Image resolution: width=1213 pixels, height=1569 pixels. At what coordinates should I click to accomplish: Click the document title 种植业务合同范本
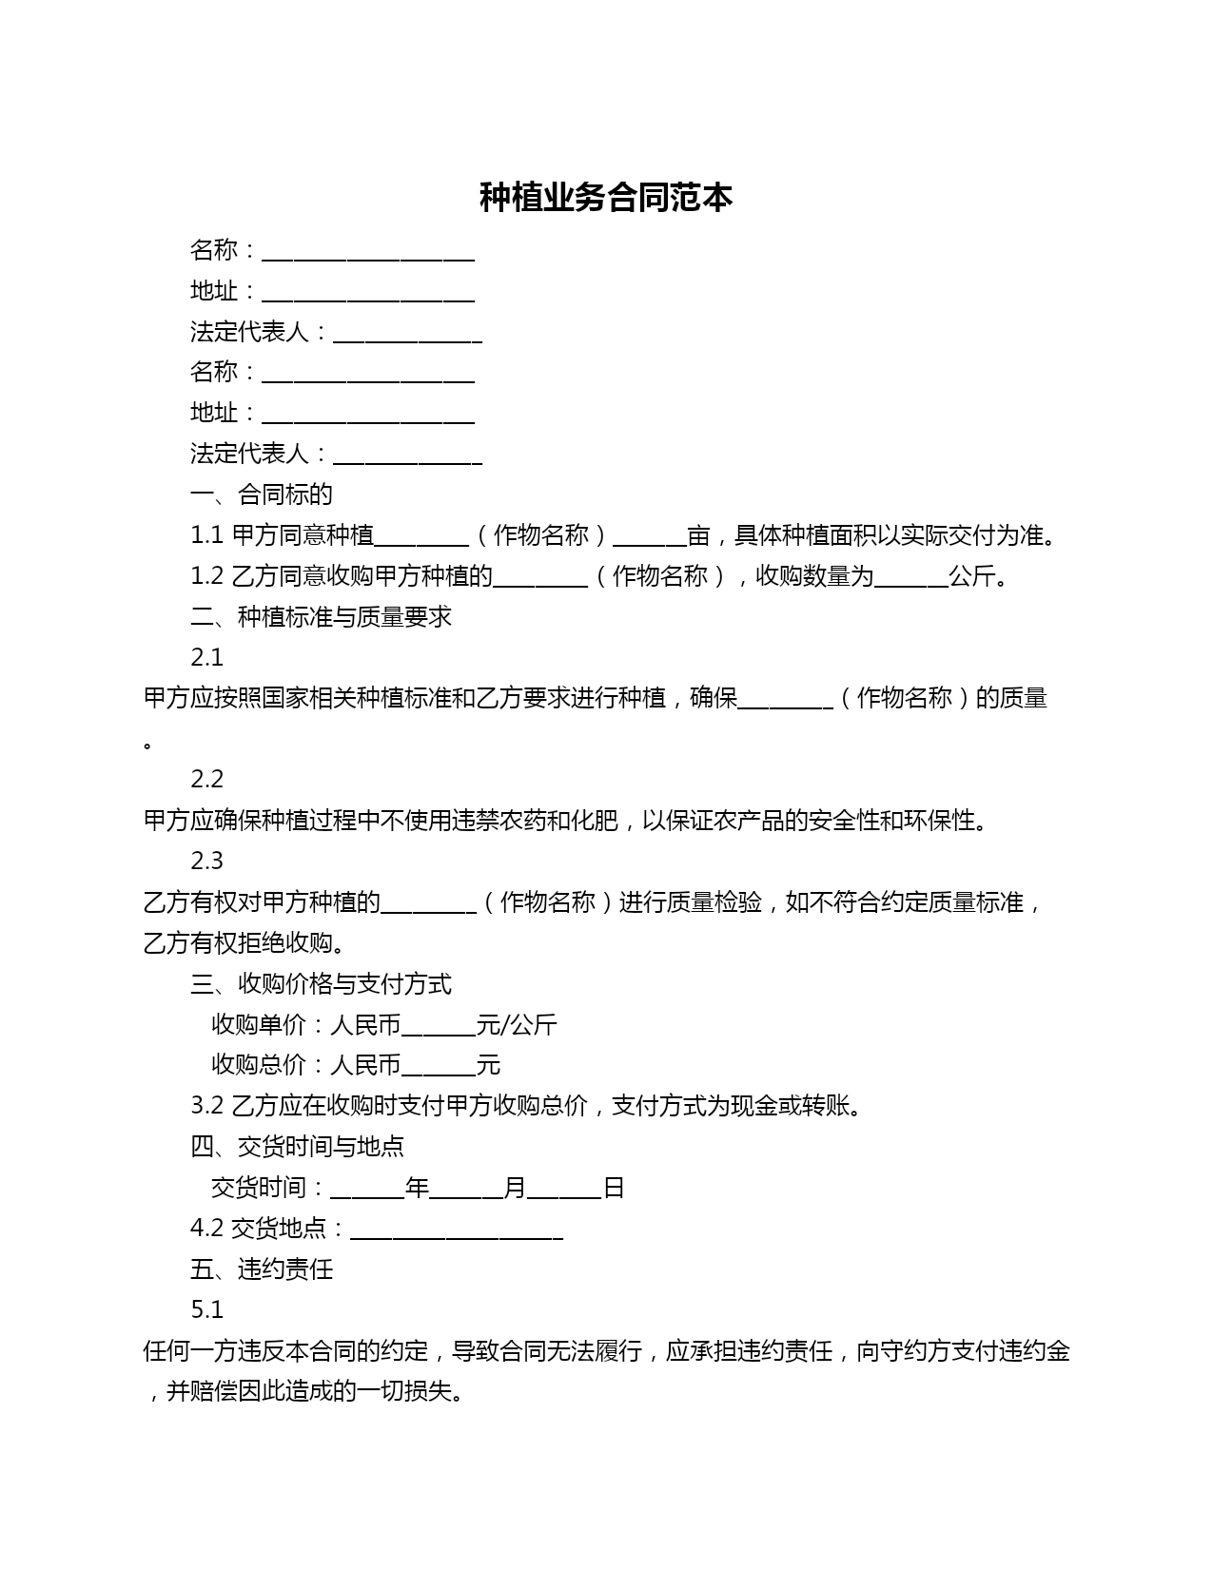[x=606, y=198]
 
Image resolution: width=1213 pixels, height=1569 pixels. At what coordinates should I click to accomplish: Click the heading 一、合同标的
[x=262, y=494]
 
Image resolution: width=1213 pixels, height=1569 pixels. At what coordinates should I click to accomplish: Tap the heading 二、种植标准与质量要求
[x=321, y=617]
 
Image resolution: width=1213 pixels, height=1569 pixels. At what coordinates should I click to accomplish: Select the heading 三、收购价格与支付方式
[x=321, y=984]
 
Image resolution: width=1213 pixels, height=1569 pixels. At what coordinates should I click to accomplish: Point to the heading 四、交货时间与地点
[x=297, y=1147]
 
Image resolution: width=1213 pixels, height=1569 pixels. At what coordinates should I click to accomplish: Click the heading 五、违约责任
[x=262, y=1269]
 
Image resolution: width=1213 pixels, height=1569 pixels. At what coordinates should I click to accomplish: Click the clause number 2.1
[x=206, y=658]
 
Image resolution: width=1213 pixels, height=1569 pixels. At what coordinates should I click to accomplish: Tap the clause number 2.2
[x=206, y=780]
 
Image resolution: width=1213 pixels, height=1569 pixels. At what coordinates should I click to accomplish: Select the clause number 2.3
[x=206, y=862]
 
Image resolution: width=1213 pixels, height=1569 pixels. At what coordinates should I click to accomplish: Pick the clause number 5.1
[x=206, y=1310]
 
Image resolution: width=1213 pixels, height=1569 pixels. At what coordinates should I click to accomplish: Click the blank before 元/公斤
[x=439, y=1028]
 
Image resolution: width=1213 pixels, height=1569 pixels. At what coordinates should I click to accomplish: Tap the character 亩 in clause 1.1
[x=698, y=535]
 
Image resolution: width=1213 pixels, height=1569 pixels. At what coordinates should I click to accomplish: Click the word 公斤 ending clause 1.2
[x=971, y=576]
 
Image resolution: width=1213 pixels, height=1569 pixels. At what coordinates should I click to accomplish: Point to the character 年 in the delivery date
[x=417, y=1188]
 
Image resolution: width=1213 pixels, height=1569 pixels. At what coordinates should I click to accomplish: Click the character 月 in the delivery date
[x=515, y=1188]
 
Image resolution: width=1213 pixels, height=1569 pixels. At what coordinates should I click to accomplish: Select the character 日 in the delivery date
[x=614, y=1188]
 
